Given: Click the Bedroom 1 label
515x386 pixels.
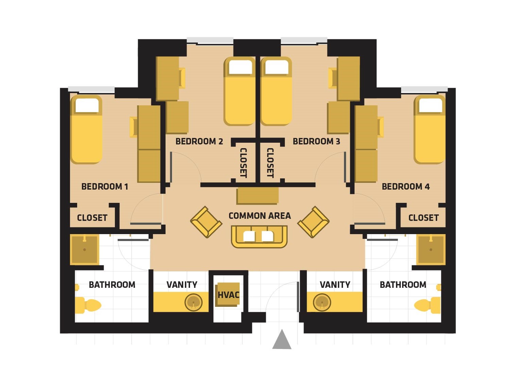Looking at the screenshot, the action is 105,187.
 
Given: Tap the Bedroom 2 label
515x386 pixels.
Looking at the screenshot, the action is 199,141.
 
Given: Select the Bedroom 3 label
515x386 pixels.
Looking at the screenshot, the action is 316,141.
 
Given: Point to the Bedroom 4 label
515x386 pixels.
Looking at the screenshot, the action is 406,187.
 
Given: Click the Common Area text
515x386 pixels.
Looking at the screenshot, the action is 260,216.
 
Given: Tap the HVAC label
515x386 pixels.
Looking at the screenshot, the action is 228,295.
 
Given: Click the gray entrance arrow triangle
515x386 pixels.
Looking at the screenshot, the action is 282,339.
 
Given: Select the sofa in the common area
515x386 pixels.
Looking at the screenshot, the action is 259,236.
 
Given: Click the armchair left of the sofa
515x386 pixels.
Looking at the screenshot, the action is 206,222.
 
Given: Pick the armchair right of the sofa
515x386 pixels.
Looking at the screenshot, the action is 313,222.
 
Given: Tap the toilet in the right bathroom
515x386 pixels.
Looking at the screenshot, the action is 428,305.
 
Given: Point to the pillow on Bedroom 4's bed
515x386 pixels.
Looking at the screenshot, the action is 431,105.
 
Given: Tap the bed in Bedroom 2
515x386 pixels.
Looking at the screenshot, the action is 239,91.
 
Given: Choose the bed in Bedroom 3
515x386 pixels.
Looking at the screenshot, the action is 276,91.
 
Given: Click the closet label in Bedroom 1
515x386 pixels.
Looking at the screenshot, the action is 92,218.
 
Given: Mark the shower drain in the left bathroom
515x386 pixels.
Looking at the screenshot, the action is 84,249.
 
